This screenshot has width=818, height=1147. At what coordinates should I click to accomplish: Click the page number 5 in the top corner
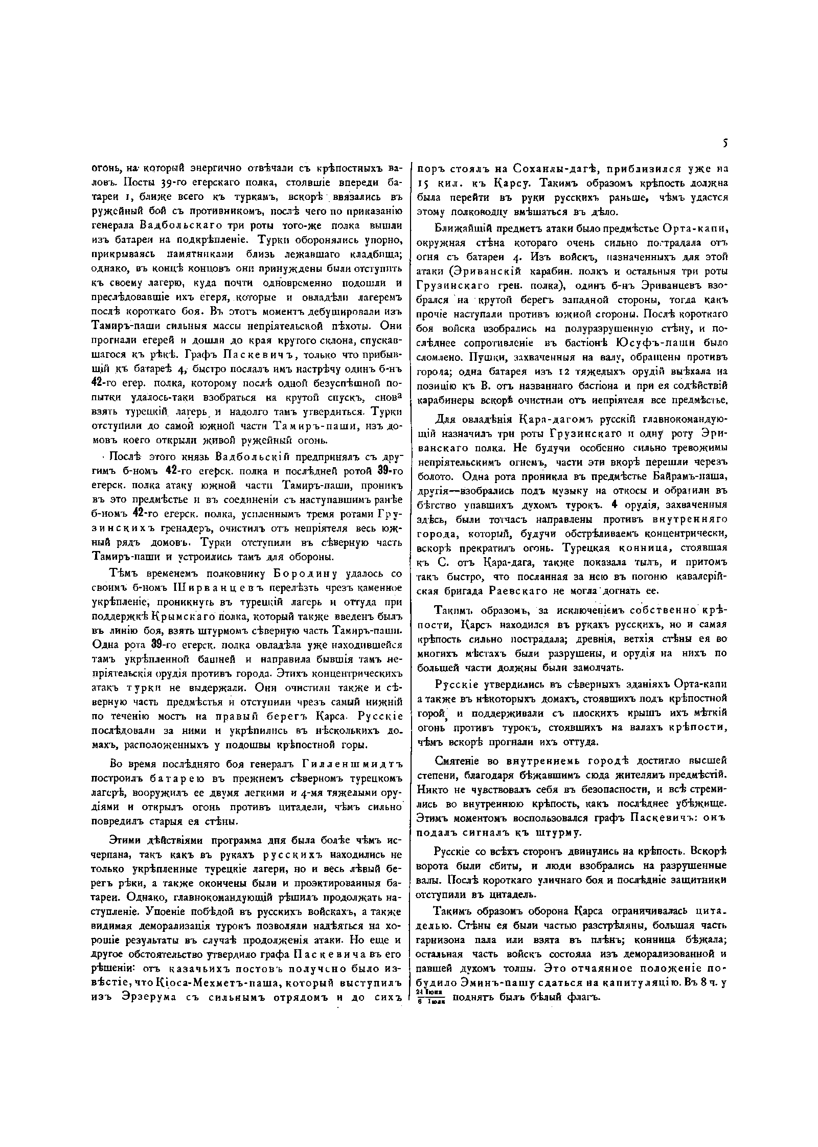pos(725,144)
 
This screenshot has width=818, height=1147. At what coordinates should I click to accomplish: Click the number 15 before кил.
pos(424,183)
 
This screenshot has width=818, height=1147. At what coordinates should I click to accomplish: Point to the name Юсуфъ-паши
pos(657,342)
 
